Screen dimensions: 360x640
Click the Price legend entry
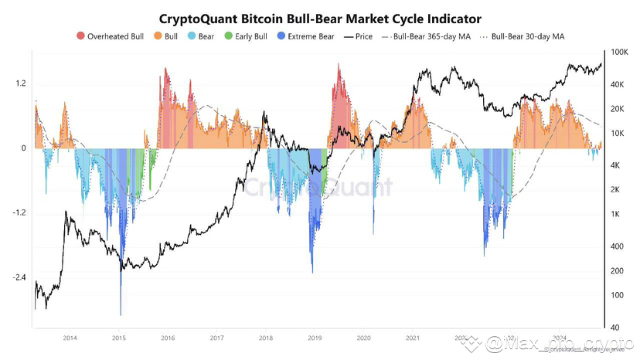coord(360,36)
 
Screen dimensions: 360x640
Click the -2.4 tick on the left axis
coord(19,277)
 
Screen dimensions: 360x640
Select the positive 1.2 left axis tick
coord(20,83)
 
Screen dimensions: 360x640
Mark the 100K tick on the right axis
coord(618,52)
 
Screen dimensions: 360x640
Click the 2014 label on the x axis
coord(70,338)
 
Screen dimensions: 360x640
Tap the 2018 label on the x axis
coord(265,338)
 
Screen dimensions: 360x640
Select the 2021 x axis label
coord(412,338)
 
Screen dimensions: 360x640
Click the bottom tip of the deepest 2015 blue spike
coord(121,315)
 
